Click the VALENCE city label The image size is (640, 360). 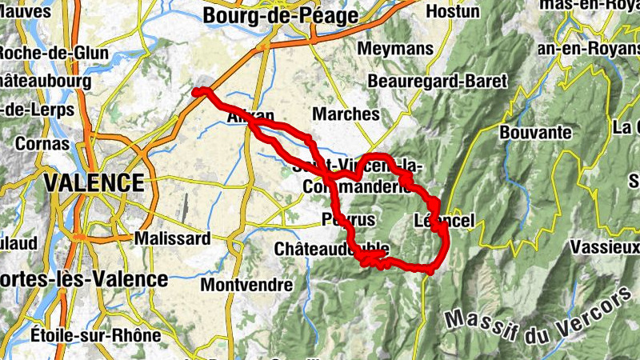pyautogui.click(x=94, y=183)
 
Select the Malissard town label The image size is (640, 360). pyautogui.click(x=173, y=238)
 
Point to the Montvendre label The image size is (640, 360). pyautogui.click(x=246, y=285)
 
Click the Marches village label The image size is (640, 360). pyautogui.click(x=346, y=114)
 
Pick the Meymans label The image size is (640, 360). pyautogui.click(x=395, y=49)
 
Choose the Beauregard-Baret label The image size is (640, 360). pyautogui.click(x=437, y=82)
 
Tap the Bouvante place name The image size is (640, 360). pyautogui.click(x=536, y=131)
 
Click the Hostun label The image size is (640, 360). pyautogui.click(x=453, y=12)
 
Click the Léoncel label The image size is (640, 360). pyautogui.click(x=445, y=220)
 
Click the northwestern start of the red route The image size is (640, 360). pyautogui.click(x=197, y=92)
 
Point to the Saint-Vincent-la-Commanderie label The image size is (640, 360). pyautogui.click(x=356, y=176)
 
